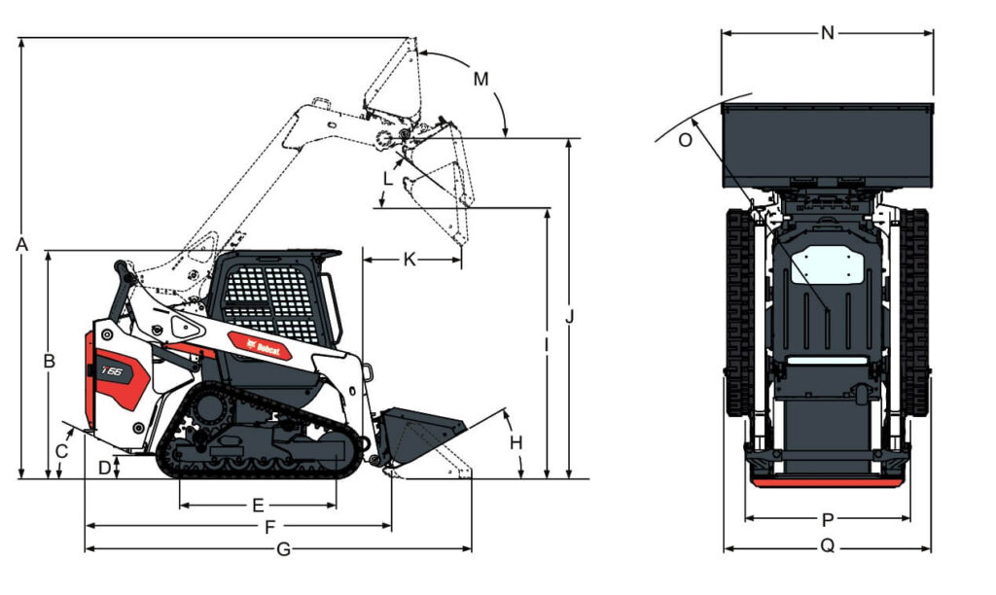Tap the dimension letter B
(x=49, y=361)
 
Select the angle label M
(x=480, y=79)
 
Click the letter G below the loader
(x=283, y=549)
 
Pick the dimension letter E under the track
(x=258, y=506)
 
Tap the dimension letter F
(x=269, y=527)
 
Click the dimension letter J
(x=571, y=317)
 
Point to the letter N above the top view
(x=827, y=33)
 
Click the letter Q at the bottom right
(x=827, y=546)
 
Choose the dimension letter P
(x=827, y=520)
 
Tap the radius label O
(x=685, y=140)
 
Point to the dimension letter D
(x=105, y=468)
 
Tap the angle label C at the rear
(x=62, y=451)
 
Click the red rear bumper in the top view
(x=827, y=480)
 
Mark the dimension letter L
(x=389, y=179)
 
